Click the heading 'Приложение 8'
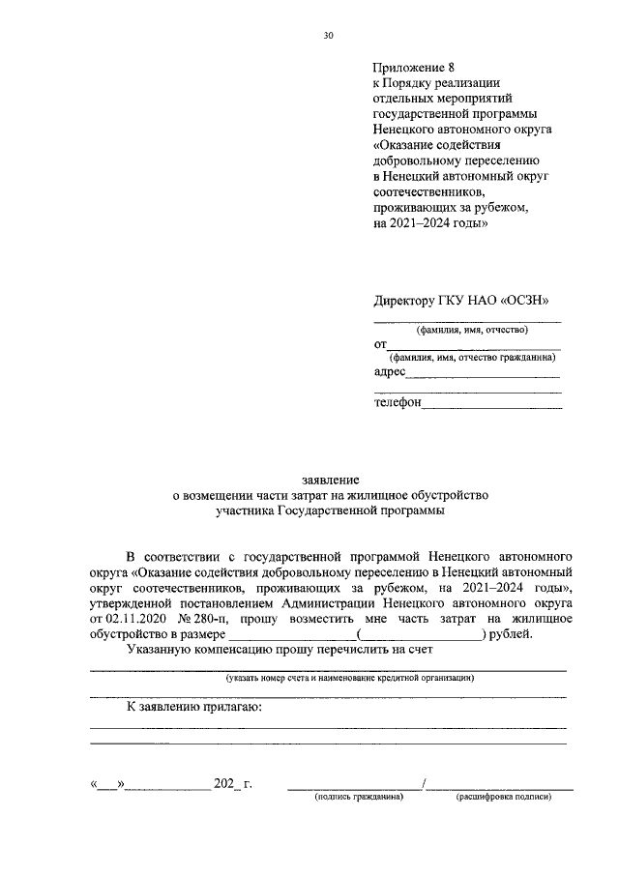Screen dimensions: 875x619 pyautogui.click(x=413, y=68)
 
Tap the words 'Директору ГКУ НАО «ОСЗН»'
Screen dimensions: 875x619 pyautogui.click(x=466, y=301)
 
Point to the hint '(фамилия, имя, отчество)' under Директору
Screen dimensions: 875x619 pyautogui.click(x=471, y=331)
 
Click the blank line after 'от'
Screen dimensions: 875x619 pyautogui.click(x=474, y=346)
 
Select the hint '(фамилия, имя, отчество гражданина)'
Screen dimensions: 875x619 pyautogui.click(x=471, y=358)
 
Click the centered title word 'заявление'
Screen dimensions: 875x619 pyautogui.click(x=331, y=480)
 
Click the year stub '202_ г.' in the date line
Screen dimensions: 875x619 pyautogui.click(x=234, y=782)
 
